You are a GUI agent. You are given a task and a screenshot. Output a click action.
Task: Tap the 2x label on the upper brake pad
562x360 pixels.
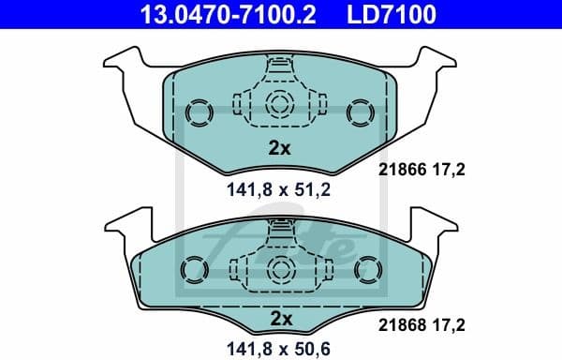[279, 146]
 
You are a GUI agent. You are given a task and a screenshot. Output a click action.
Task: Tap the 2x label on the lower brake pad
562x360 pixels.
[279, 319]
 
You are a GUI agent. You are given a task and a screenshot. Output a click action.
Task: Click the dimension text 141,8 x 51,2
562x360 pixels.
[279, 187]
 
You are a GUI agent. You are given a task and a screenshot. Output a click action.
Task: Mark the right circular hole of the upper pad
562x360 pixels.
[360, 112]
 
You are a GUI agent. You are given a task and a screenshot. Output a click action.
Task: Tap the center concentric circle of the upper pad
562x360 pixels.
[279, 105]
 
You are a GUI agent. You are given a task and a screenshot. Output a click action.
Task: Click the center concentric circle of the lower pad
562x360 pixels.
[279, 267]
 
